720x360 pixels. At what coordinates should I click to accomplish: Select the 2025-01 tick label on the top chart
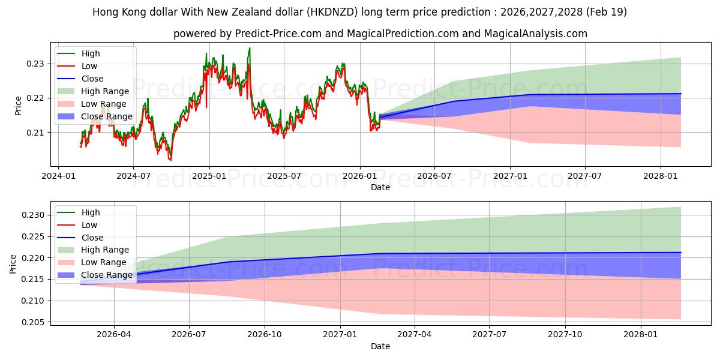[209, 176]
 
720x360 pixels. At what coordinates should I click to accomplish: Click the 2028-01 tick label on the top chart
[661, 176]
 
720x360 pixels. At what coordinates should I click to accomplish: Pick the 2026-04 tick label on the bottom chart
[114, 335]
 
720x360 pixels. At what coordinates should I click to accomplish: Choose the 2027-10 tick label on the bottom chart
[565, 335]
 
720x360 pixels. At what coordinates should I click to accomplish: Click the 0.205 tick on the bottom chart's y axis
[34, 322]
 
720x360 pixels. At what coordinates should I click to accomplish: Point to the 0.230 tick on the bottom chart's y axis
[34, 215]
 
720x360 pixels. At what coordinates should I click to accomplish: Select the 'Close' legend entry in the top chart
[92, 79]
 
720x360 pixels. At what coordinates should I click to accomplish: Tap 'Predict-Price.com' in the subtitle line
[283, 34]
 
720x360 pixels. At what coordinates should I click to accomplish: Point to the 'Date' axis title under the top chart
[380, 187]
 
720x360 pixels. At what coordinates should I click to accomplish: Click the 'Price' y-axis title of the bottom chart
[13, 263]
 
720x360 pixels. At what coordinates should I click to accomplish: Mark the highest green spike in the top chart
[250, 48]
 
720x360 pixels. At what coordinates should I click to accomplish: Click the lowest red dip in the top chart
[170, 160]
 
